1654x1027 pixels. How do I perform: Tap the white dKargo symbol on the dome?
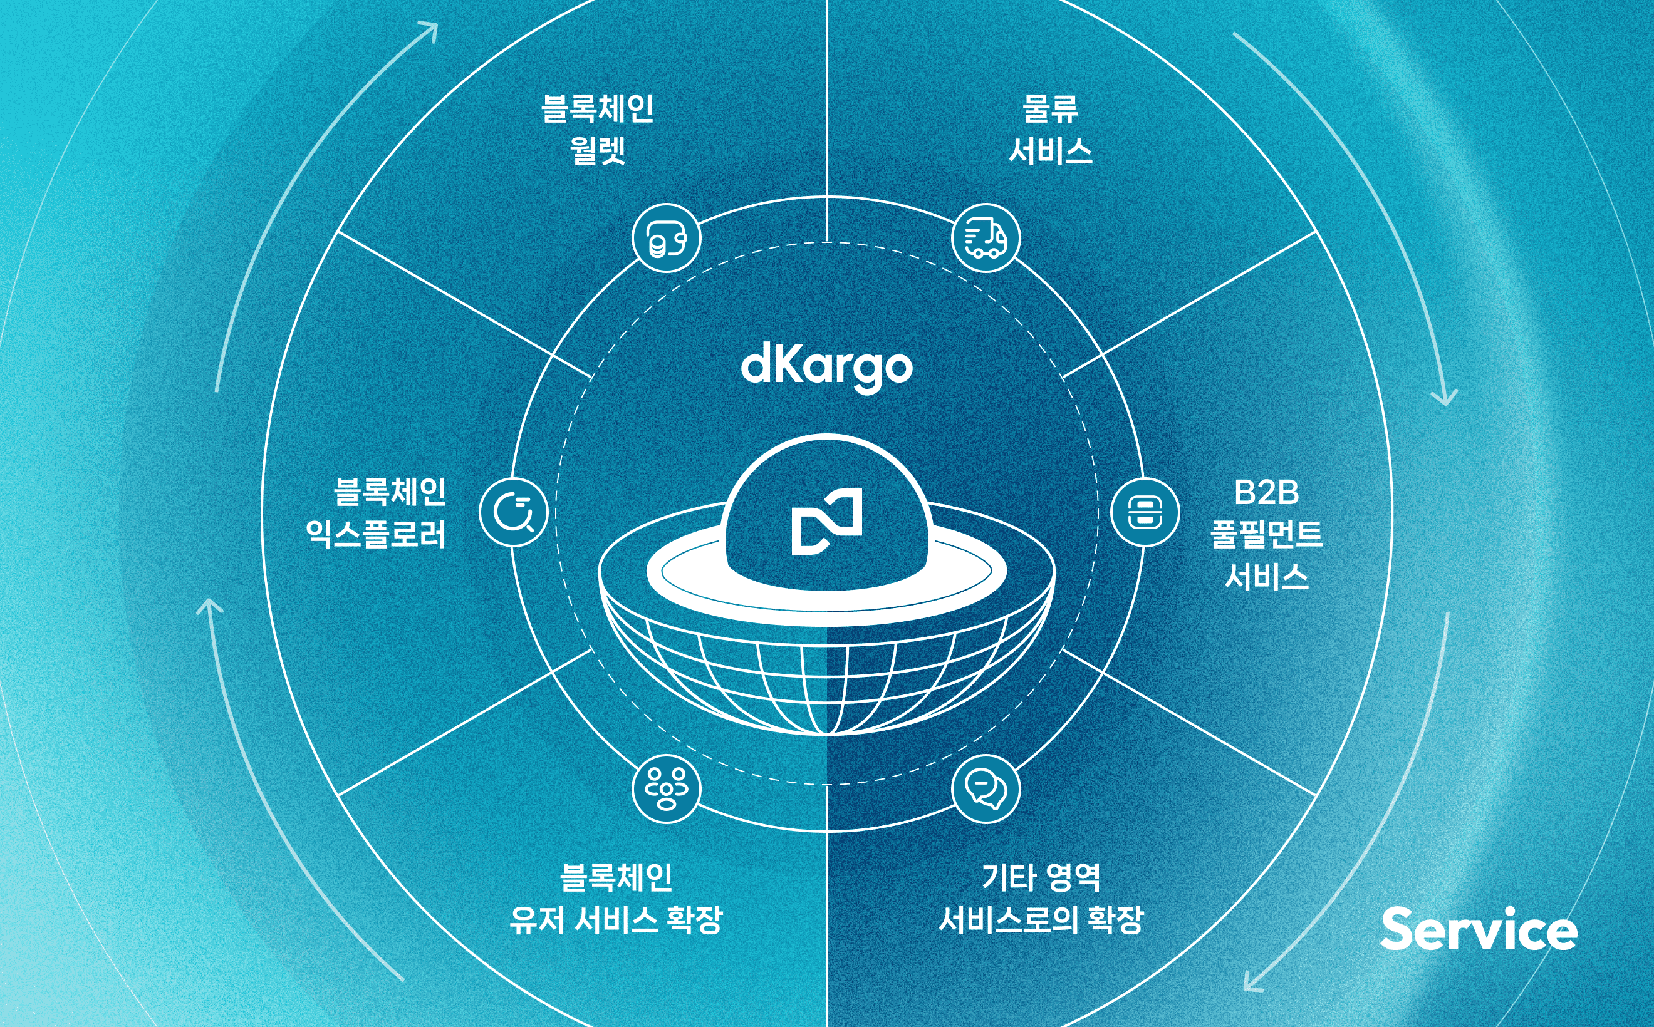coord(826,522)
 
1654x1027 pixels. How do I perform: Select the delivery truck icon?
coord(986,238)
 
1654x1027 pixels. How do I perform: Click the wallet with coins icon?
coord(666,238)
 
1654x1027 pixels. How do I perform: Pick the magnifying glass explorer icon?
coord(513,512)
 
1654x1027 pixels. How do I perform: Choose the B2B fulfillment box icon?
coord(1145,512)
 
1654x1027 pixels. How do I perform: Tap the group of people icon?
coord(666,788)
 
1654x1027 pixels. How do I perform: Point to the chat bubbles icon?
coord(986,788)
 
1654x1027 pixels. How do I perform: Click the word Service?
coord(1479,929)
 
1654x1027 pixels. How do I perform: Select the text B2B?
coord(1266,492)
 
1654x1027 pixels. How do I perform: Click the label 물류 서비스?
coord(1051,130)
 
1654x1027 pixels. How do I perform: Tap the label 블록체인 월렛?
coord(597,130)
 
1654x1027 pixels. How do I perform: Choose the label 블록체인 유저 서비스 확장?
coord(616,898)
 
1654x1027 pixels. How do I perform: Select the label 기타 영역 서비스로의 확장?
coord(1041,898)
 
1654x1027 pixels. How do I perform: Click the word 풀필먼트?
coord(1266,535)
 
